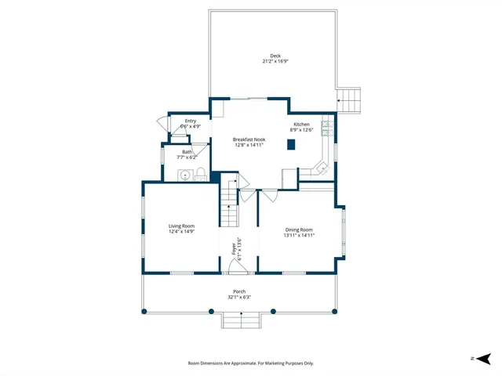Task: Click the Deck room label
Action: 275,56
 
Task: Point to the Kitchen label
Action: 302,125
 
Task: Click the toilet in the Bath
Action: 200,174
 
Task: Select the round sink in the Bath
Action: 185,175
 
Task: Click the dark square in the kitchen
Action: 291,144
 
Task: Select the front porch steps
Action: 239,320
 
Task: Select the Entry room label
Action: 191,121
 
